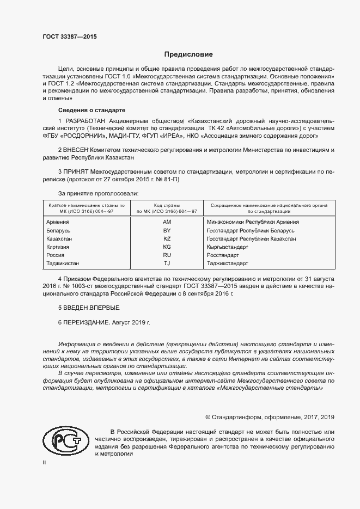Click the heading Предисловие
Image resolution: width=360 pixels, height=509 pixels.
click(x=189, y=54)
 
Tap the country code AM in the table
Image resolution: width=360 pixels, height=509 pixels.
click(x=167, y=222)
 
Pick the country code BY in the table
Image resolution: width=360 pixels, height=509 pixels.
click(x=167, y=231)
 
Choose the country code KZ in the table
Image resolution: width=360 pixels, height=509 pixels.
click(x=167, y=239)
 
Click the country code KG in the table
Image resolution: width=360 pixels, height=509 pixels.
click(x=167, y=247)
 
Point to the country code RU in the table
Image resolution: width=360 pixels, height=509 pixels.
click(x=167, y=255)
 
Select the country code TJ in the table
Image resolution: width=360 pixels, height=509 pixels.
click(x=167, y=263)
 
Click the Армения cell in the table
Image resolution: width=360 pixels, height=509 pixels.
click(x=58, y=222)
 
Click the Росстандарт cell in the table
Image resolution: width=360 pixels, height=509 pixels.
click(x=223, y=255)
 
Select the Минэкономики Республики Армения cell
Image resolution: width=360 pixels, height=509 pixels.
click(x=253, y=222)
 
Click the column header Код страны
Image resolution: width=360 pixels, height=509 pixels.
click(x=167, y=204)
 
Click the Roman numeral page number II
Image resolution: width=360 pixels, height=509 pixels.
click(x=44, y=463)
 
